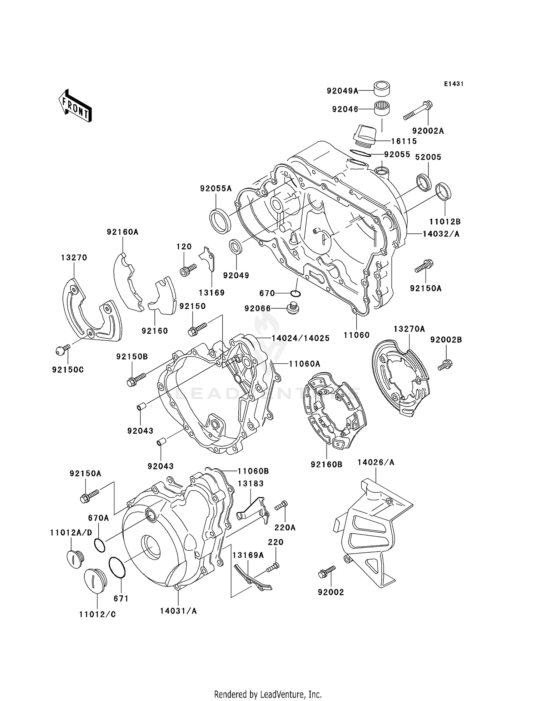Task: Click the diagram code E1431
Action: (453, 84)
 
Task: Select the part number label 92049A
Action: (342, 91)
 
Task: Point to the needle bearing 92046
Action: (382, 108)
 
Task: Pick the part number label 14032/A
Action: (441, 234)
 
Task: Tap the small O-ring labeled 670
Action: (295, 293)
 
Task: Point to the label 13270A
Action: (409, 329)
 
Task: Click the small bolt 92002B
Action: (445, 365)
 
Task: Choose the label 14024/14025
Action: (301, 338)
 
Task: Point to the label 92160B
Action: (326, 464)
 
